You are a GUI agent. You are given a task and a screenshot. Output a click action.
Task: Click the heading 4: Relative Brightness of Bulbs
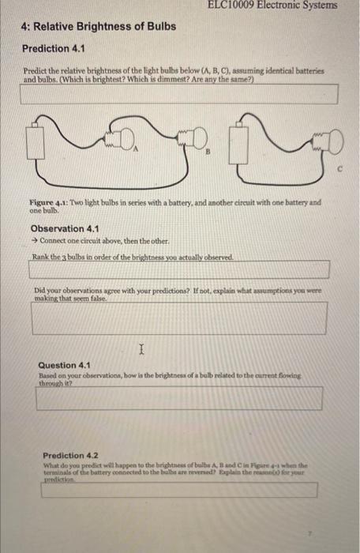[99, 28]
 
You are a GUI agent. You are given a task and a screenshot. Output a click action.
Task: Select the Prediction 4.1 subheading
[53, 49]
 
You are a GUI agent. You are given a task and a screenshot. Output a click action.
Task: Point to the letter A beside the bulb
[136, 149]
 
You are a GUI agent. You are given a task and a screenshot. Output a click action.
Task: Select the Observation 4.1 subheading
[63, 229]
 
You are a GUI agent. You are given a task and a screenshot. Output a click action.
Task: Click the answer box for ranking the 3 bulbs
[178, 269]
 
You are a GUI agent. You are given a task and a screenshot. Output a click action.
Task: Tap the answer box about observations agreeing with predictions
[178, 318]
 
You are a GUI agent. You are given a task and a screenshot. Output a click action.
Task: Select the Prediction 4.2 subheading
[70, 456]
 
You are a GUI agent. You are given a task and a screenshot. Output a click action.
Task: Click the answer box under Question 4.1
[178, 398]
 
